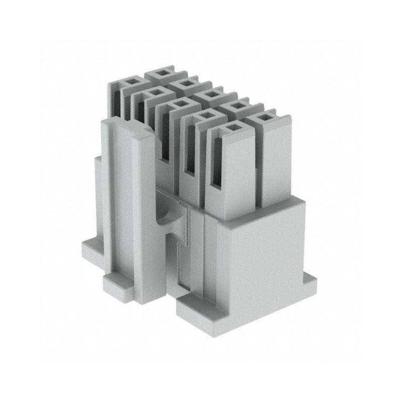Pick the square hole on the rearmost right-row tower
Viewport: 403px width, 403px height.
click(163, 73)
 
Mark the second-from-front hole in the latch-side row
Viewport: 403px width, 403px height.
click(205, 115)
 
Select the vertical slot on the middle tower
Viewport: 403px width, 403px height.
click(165, 136)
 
